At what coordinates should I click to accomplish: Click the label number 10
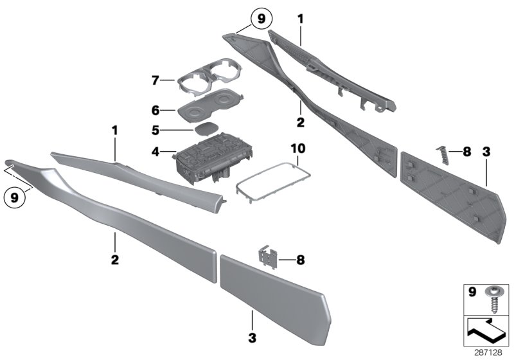click(x=299, y=148)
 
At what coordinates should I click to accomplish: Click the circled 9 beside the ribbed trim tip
click(x=261, y=19)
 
